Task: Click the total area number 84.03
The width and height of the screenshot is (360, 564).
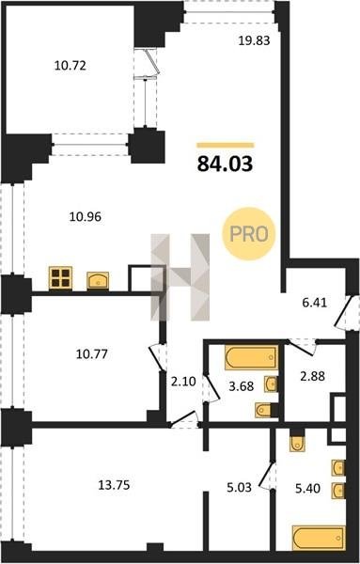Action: tap(225, 164)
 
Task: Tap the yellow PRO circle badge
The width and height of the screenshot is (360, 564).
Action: tap(248, 234)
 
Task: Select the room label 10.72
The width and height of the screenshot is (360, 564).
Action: tap(70, 66)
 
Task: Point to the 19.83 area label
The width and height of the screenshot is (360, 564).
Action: tap(255, 40)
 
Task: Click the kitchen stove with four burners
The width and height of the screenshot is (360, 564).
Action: tap(60, 277)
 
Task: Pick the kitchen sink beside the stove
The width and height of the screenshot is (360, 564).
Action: tap(98, 280)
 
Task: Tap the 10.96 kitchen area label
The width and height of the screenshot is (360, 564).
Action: tap(86, 217)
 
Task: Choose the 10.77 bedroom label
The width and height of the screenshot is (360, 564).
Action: tap(92, 354)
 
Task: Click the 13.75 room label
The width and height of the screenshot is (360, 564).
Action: tap(114, 485)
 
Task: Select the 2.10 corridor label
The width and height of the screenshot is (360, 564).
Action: tap(183, 382)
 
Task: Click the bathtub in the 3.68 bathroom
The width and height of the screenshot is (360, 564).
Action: tap(251, 357)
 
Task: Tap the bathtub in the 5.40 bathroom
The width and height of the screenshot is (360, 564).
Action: tap(319, 538)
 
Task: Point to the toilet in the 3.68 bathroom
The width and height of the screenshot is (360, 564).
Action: tap(264, 410)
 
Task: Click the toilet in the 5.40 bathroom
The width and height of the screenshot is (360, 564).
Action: tap(297, 441)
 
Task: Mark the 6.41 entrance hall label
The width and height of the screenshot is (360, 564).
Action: tap(315, 303)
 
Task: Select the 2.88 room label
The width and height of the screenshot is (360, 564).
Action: tap(312, 376)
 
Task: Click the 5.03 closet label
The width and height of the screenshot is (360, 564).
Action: tap(239, 488)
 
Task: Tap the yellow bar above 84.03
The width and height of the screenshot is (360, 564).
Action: tap(226, 146)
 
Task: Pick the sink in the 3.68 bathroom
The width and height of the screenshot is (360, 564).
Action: tap(271, 384)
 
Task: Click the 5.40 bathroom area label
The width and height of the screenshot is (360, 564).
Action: tap(307, 489)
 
